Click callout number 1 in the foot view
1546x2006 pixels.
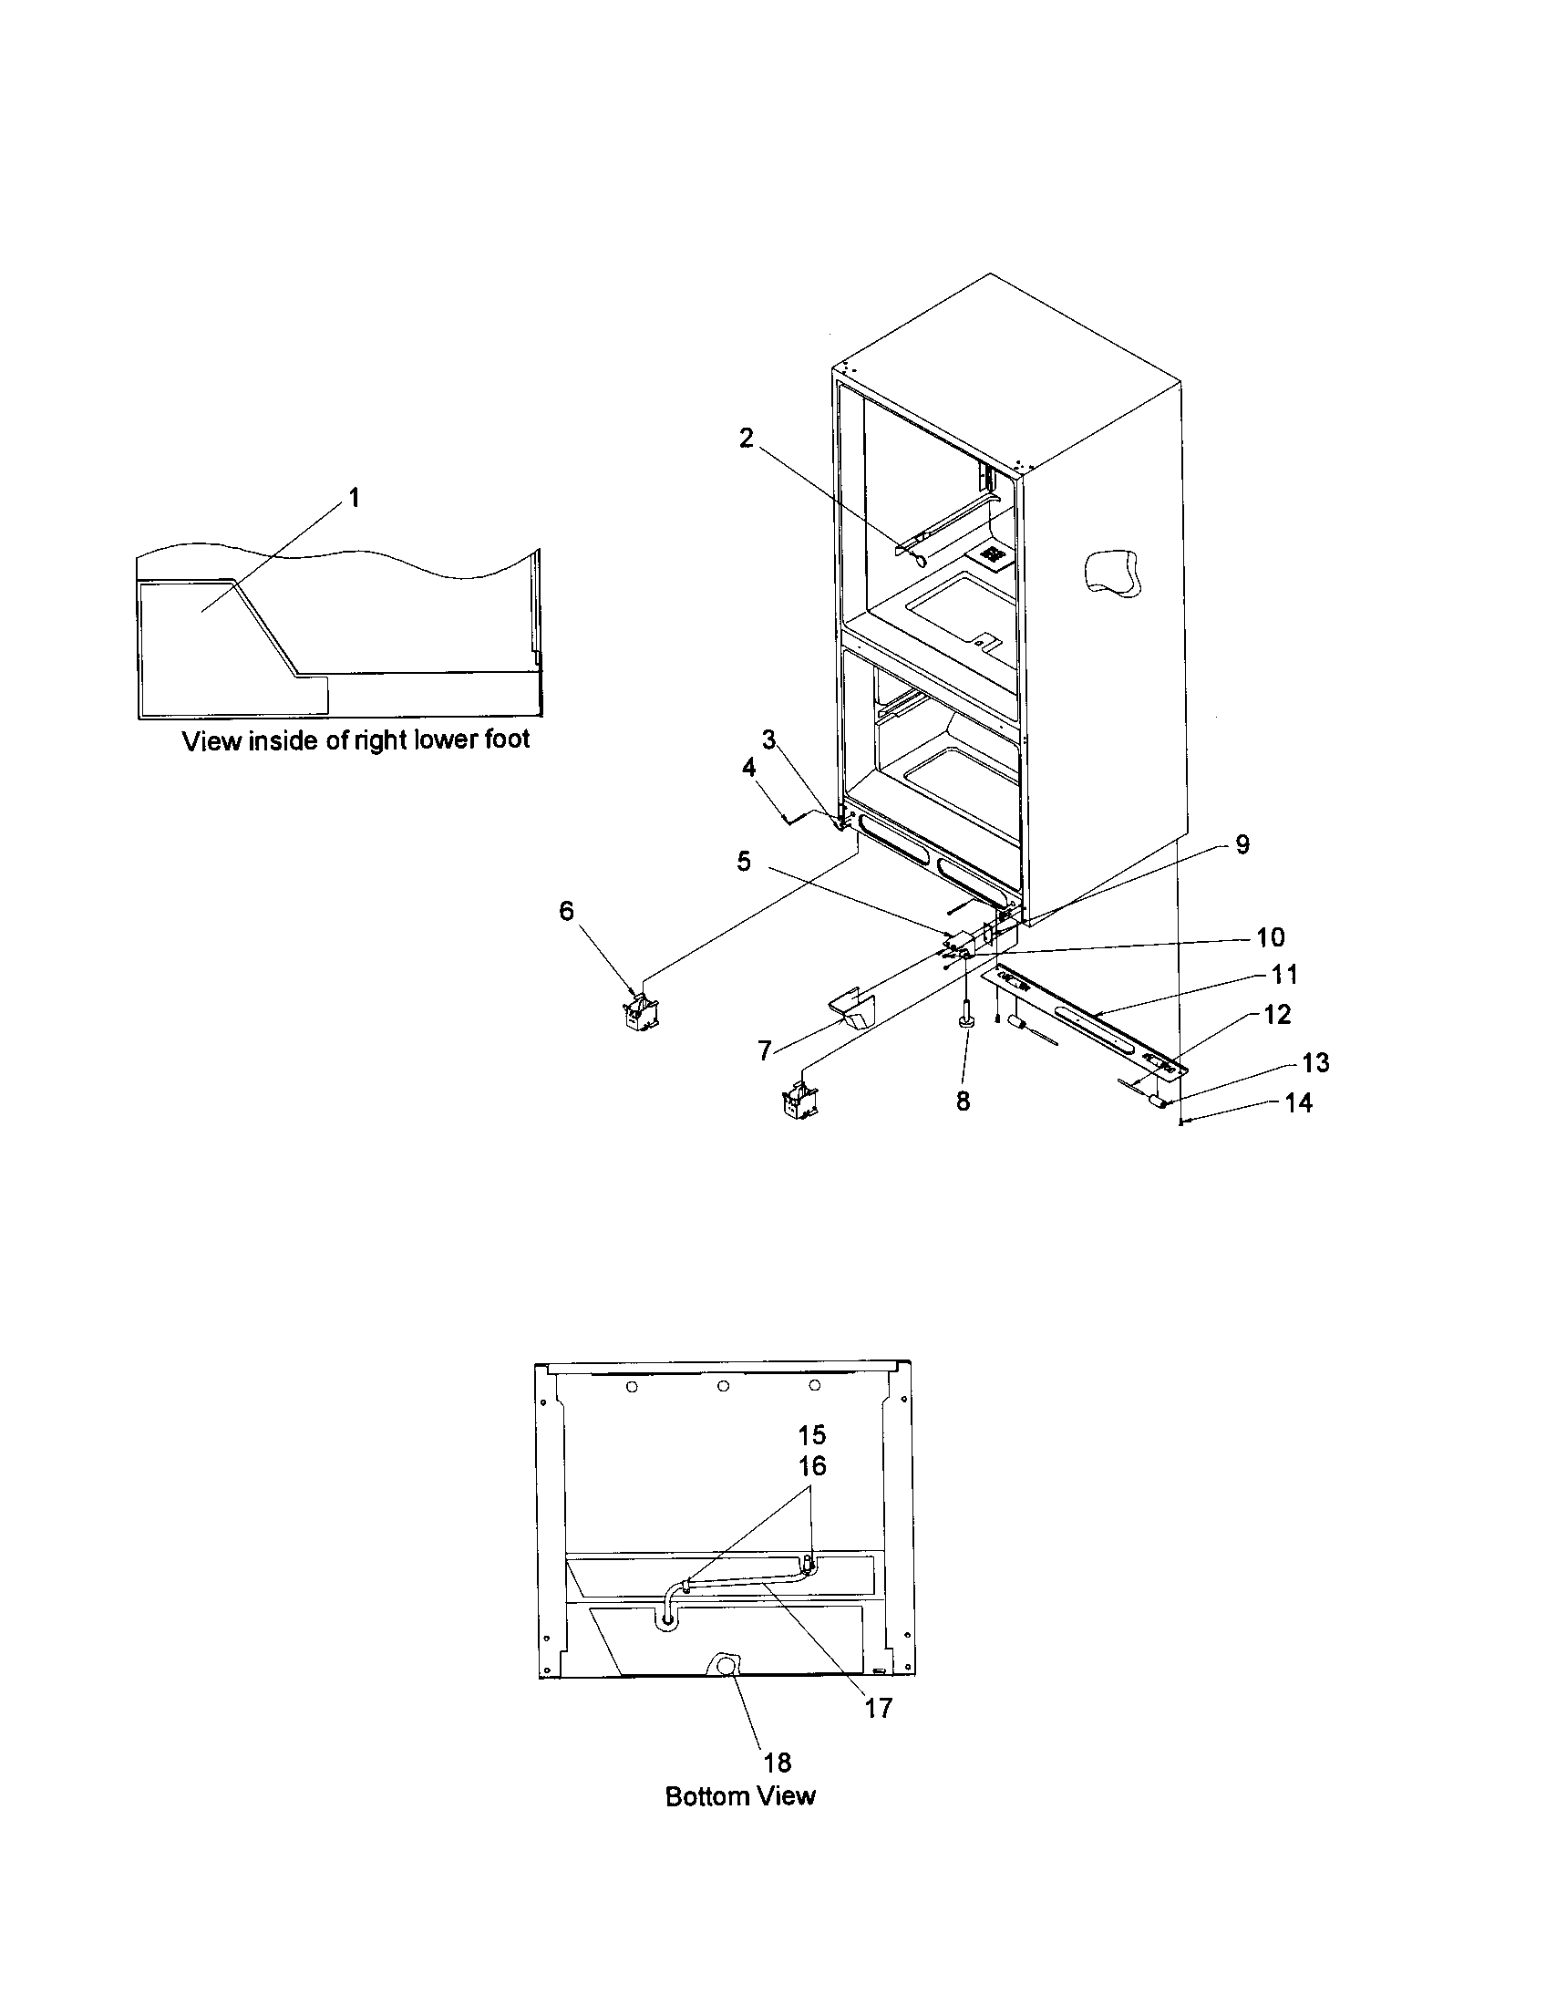tap(354, 498)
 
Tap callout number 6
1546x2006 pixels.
tap(566, 910)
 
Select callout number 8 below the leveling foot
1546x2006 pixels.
tap(963, 1101)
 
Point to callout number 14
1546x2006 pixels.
tap(1298, 1102)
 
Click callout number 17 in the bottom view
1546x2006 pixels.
tap(879, 1708)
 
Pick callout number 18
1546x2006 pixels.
tap(778, 1763)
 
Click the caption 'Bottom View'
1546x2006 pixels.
tap(740, 1795)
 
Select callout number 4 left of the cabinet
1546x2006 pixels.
tap(748, 768)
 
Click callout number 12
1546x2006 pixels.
tap(1277, 1015)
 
